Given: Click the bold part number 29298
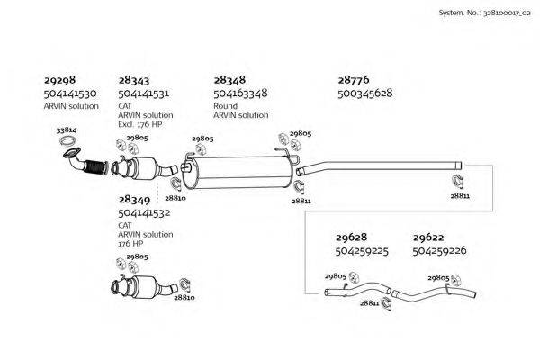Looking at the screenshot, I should coord(58,80).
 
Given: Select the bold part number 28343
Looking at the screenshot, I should coord(133,80).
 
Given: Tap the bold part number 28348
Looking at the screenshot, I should coord(229,80).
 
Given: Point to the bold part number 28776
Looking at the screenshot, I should coord(354,80).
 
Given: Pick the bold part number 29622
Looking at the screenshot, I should coord(427,238).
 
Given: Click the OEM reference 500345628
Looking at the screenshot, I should coord(364,94).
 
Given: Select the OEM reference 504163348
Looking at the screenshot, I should coord(240,94).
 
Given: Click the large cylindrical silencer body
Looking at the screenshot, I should coord(240,170).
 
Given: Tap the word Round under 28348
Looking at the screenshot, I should coord(225,105).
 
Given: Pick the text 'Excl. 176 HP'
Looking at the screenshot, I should coord(139,124).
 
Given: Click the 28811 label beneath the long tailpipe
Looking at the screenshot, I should coord(459,194).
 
